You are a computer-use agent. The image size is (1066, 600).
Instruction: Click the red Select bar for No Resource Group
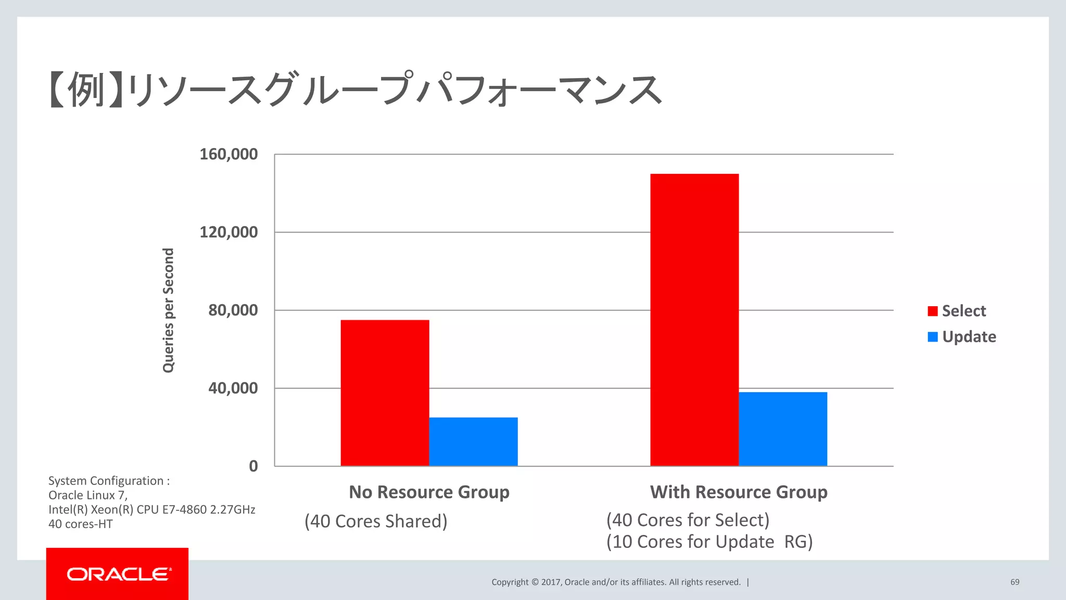coord(385,393)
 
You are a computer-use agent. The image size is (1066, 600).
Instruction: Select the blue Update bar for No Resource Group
coord(473,441)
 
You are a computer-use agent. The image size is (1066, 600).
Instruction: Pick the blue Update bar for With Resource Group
coord(783,429)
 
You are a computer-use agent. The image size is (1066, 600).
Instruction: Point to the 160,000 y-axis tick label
coord(229,154)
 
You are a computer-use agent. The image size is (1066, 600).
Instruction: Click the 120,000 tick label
coord(229,232)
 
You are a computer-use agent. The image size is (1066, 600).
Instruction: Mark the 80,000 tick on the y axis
coord(233,310)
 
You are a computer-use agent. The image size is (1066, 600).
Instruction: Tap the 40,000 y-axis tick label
coord(233,389)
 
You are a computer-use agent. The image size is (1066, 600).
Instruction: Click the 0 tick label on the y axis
coord(253,466)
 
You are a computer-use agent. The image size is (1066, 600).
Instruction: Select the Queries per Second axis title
coord(168,310)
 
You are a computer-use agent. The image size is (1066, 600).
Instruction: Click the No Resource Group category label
coord(429,492)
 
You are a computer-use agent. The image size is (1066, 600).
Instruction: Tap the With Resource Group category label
coord(739,492)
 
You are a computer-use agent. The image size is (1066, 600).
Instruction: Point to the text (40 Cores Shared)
coord(376,521)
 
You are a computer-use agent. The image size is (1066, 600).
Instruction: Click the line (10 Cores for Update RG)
coord(709,542)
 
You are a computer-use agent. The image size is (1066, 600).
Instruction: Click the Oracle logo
coord(118,574)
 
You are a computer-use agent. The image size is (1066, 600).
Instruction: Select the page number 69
coord(1014,582)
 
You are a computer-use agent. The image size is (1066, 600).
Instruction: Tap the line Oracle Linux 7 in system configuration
coord(88,495)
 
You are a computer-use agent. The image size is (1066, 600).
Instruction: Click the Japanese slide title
coord(355,90)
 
